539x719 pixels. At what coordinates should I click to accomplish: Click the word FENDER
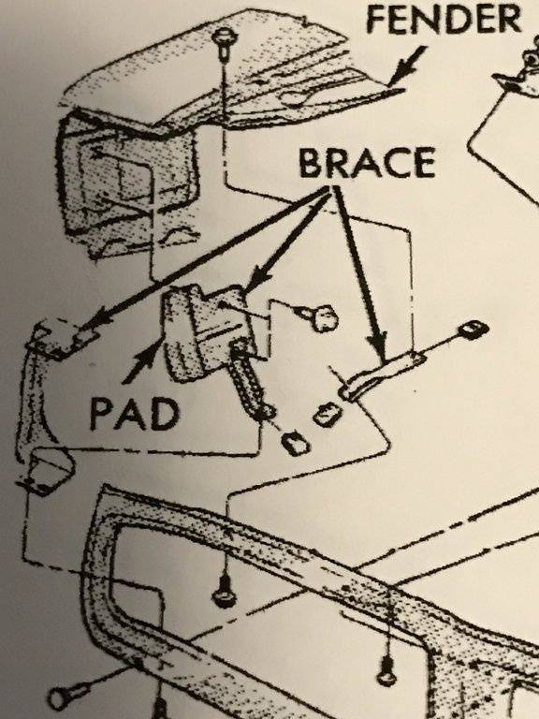444,20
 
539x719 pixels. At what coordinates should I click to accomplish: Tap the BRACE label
367,163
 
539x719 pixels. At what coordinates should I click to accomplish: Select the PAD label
134,414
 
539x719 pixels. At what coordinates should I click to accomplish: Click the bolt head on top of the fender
224,36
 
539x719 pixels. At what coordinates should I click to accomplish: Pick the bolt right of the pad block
321,317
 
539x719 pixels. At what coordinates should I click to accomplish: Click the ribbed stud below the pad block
250,380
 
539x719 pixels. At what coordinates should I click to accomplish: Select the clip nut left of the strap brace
327,415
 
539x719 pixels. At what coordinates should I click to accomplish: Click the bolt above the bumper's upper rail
225,593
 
